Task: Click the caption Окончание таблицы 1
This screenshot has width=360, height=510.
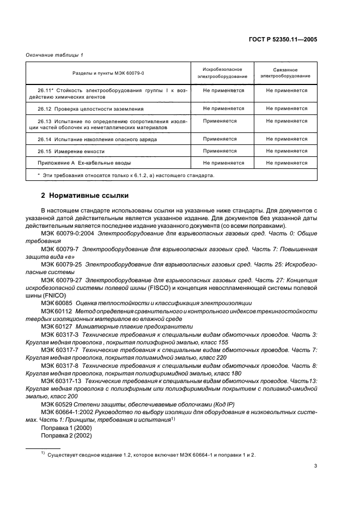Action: click(54, 54)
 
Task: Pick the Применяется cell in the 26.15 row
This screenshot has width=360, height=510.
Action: click(219, 151)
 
